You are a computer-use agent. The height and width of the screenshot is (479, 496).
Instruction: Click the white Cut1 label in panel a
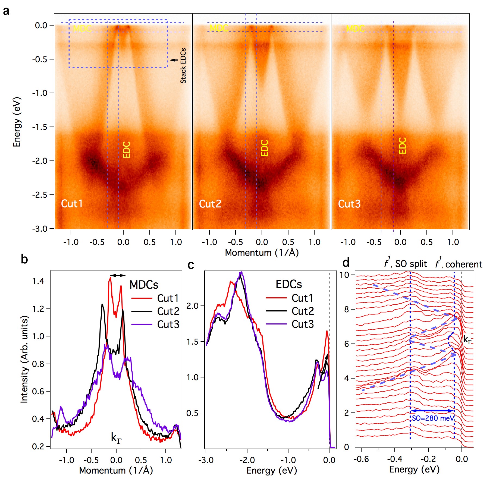(72, 204)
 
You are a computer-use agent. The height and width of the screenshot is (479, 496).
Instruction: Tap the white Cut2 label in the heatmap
(210, 204)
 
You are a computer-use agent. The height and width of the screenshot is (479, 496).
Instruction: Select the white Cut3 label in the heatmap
(349, 204)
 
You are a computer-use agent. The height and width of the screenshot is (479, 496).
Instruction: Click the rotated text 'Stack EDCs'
(183, 66)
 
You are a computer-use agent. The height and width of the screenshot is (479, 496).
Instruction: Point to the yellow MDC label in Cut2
(219, 28)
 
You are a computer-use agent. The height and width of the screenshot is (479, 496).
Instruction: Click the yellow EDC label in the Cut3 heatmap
(402, 146)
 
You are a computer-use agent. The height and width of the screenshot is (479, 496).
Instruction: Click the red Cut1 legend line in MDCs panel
(142, 298)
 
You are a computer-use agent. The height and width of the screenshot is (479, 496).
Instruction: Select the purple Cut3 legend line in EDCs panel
(276, 324)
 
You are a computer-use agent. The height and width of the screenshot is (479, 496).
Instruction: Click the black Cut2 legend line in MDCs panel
(142, 311)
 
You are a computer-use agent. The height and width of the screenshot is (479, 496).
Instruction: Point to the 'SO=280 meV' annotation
(433, 418)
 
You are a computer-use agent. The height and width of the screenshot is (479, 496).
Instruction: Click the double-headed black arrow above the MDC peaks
(118, 275)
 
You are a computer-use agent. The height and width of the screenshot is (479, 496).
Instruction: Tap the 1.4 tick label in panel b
(39, 281)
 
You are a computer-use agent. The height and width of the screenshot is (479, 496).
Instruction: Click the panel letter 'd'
(346, 263)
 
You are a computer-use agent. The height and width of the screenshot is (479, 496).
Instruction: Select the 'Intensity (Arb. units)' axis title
(24, 359)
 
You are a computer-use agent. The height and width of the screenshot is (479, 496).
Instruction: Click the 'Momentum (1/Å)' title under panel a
(262, 253)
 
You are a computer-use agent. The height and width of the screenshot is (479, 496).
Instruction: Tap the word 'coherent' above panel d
(464, 264)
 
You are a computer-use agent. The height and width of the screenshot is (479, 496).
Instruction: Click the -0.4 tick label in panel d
(394, 459)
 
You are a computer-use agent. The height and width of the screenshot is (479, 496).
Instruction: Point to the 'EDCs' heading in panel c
(288, 284)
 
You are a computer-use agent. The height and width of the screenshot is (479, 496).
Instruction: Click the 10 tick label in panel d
(344, 275)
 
